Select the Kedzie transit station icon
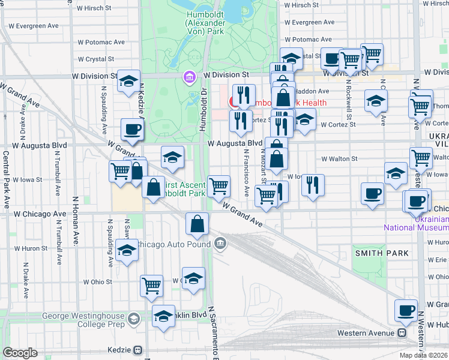138,350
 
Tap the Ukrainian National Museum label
416,223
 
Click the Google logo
20,353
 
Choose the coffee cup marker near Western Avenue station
406,310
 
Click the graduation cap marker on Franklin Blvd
163,316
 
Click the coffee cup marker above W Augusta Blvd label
132,128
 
